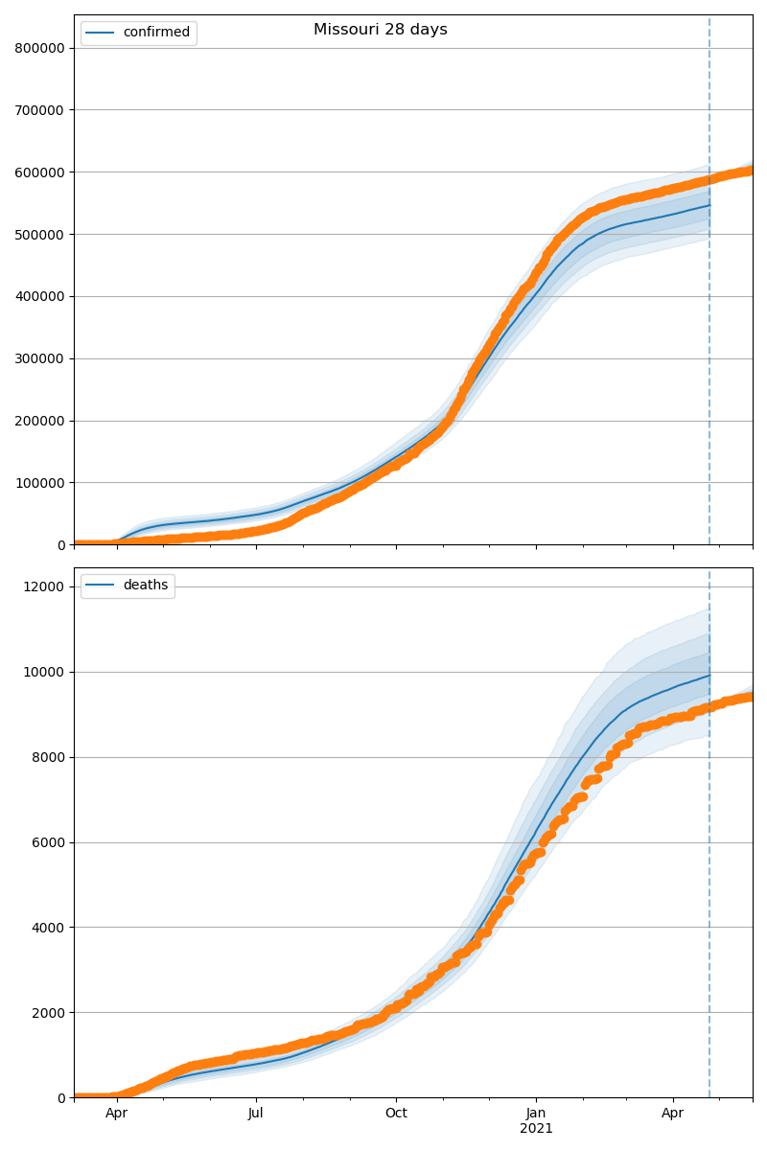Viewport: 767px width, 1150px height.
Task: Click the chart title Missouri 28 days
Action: tap(380, 30)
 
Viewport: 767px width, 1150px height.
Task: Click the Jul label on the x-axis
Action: tap(256, 1114)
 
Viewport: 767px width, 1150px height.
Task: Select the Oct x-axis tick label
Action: tap(396, 1114)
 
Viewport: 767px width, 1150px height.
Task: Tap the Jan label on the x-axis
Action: tap(536, 1114)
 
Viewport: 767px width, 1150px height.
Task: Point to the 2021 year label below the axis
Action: tap(536, 1129)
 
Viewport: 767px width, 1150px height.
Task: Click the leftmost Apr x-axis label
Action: tap(117, 1114)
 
